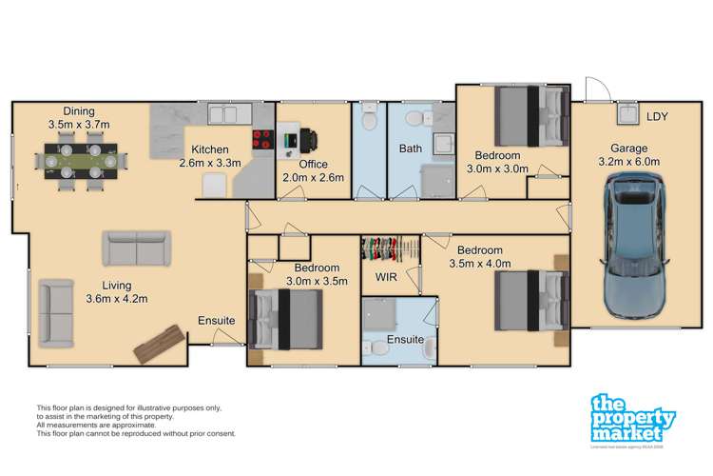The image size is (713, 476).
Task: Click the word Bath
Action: [x=410, y=149]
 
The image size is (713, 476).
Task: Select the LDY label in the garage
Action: [x=657, y=117]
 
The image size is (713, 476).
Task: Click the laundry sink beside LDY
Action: [x=626, y=116]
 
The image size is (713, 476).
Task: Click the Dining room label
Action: [x=79, y=110]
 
